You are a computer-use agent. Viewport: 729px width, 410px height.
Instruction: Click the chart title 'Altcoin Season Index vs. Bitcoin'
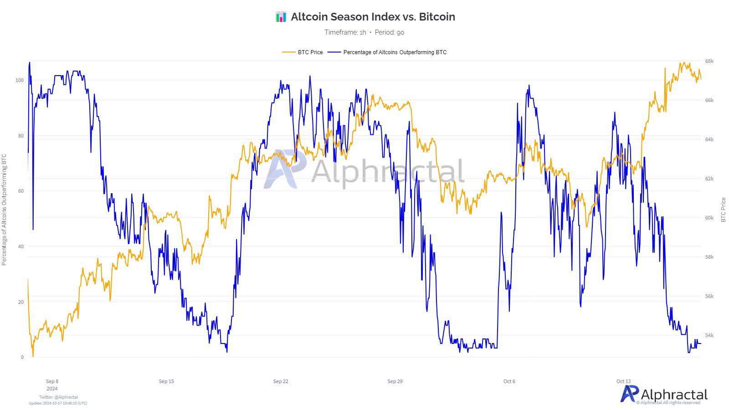[x=373, y=17]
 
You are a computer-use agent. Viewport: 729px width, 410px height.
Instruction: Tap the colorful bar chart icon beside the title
[x=281, y=17]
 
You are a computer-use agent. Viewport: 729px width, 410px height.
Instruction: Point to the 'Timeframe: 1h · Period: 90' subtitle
[x=364, y=32]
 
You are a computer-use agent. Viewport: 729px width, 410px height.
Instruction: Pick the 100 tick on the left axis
[x=19, y=80]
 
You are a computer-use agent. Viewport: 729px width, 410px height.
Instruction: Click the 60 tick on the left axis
[x=21, y=191]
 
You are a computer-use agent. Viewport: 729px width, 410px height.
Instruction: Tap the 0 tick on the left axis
[x=22, y=357]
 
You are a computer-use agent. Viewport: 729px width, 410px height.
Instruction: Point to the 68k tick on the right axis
[x=709, y=61]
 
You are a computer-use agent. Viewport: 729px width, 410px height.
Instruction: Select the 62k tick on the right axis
[x=709, y=179]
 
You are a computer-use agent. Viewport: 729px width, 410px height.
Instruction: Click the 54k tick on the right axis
[x=709, y=335]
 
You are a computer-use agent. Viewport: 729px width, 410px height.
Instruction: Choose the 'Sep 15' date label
[x=166, y=381]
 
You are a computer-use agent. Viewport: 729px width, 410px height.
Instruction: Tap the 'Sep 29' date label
[x=395, y=381]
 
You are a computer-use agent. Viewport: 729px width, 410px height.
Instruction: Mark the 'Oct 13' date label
[x=624, y=381]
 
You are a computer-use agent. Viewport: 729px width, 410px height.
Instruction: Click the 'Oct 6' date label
[x=509, y=381]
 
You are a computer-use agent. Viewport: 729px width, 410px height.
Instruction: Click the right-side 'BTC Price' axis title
[x=724, y=210]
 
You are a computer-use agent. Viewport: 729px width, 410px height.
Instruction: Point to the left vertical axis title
[x=5, y=210]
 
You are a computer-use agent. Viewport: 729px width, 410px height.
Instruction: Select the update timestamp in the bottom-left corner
[x=58, y=403]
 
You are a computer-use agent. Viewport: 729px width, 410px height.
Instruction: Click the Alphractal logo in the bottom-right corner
[x=664, y=394]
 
